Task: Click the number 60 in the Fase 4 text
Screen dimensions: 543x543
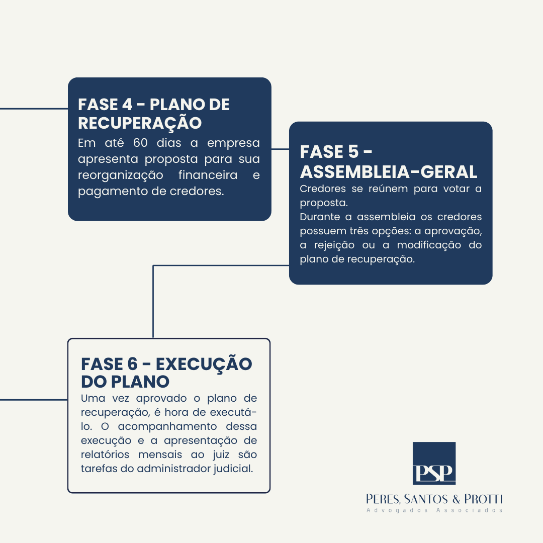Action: point(140,143)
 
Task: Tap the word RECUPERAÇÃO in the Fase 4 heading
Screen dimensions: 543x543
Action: point(140,123)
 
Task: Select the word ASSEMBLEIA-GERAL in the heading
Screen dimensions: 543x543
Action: point(389,172)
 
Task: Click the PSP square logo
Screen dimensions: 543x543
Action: point(434,463)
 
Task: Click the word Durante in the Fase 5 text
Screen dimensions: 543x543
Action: point(320,217)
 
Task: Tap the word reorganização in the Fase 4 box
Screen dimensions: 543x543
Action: point(121,175)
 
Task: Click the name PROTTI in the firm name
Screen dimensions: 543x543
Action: point(483,499)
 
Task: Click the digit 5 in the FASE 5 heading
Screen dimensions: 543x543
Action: point(353,152)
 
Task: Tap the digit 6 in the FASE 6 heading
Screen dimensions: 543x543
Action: point(132,364)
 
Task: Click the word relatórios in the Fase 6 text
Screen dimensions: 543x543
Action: point(105,455)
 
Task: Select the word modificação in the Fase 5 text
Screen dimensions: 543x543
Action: point(429,245)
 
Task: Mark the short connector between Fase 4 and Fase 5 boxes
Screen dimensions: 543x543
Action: point(280,149)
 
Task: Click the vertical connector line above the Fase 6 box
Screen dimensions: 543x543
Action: point(153,302)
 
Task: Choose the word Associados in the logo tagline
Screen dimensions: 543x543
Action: point(469,510)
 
